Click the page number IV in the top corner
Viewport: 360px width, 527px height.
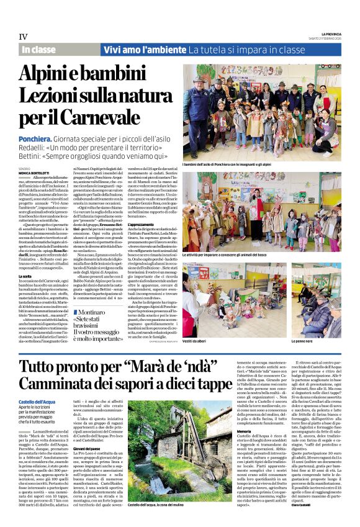[23, 36]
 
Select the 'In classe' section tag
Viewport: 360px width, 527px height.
[38, 49]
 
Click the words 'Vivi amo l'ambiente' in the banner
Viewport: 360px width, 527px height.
[145, 49]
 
